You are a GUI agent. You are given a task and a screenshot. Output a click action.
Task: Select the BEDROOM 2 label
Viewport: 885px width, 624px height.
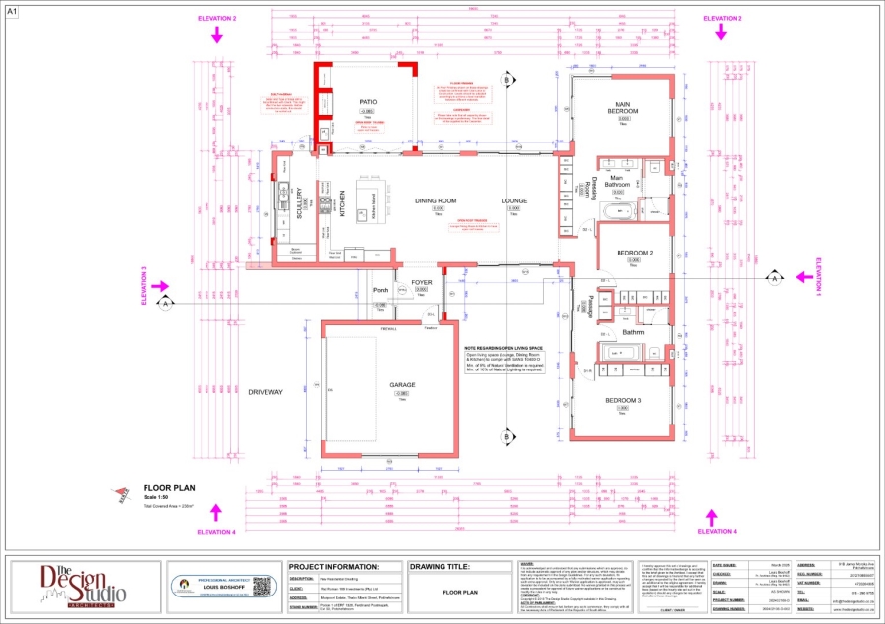tap(634, 253)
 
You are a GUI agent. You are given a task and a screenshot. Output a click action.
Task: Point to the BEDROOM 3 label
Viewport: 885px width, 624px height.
tap(622, 400)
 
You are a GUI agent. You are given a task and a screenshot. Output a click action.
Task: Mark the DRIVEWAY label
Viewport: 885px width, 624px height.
tap(265, 392)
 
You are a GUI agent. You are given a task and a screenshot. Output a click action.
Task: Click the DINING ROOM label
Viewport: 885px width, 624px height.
tap(436, 200)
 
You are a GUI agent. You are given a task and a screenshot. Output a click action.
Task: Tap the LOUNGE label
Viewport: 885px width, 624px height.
tap(515, 200)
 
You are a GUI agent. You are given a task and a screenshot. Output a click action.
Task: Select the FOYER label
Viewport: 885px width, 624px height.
tap(422, 283)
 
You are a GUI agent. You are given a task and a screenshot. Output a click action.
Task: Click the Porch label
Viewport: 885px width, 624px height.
tap(381, 291)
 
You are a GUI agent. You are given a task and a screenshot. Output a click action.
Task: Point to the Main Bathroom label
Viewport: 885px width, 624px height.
tap(617, 181)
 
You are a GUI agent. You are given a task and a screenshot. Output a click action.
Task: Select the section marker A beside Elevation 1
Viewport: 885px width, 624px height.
tap(774, 280)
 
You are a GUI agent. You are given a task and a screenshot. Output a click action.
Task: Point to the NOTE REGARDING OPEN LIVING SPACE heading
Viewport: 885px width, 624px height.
tap(503, 348)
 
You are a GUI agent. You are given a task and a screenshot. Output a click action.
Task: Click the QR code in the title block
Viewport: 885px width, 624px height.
tap(260, 586)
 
